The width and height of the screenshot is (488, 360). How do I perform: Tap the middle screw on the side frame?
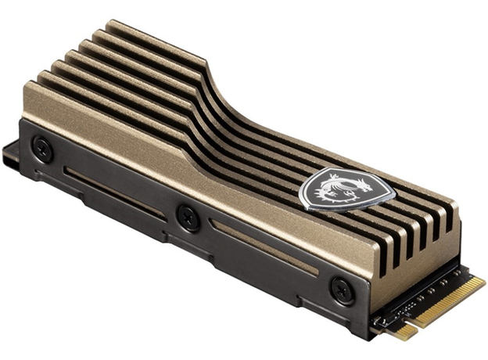pyautogui.click(x=188, y=218)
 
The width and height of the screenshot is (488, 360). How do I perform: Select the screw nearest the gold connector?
pyautogui.click(x=343, y=290)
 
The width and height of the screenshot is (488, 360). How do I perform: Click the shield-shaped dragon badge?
pyautogui.click(x=347, y=189)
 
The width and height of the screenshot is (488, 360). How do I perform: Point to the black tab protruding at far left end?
pyautogui.click(x=9, y=152)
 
